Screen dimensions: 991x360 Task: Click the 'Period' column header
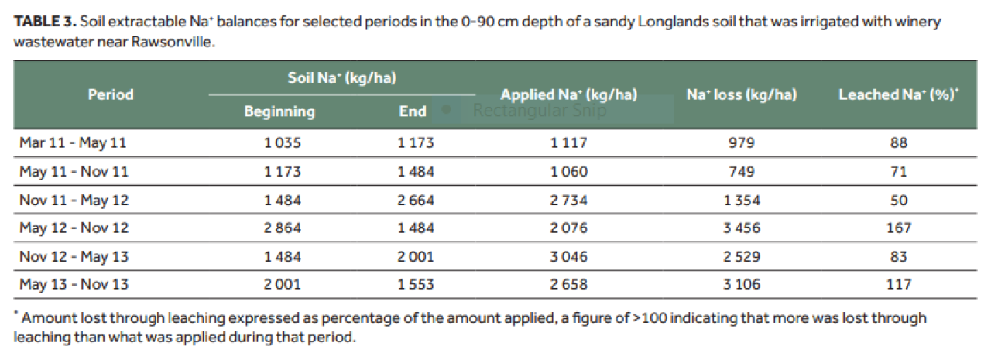(x=111, y=94)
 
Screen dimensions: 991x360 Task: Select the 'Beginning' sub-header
(x=279, y=111)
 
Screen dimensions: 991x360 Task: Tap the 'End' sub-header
(x=413, y=111)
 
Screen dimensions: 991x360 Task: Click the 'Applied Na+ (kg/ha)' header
(x=568, y=94)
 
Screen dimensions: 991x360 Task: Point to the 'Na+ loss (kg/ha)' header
(x=742, y=94)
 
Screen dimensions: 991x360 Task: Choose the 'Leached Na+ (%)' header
(x=899, y=94)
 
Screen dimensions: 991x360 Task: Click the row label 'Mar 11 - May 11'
(x=73, y=143)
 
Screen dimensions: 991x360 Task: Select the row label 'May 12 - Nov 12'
(x=74, y=228)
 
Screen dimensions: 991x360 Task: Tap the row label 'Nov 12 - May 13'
(x=74, y=256)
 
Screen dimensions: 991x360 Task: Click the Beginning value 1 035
(x=283, y=143)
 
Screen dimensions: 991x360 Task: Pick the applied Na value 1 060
(x=568, y=172)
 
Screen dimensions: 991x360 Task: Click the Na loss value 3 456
(x=742, y=228)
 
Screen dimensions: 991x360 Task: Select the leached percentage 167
(x=899, y=228)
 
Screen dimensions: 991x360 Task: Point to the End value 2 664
(x=416, y=201)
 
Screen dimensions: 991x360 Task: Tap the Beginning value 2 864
(x=283, y=228)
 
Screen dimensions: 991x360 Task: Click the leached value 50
(x=899, y=201)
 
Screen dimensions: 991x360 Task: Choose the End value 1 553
(x=416, y=284)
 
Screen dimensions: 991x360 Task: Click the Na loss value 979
(x=742, y=143)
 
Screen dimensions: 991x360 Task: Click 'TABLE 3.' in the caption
(x=45, y=21)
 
